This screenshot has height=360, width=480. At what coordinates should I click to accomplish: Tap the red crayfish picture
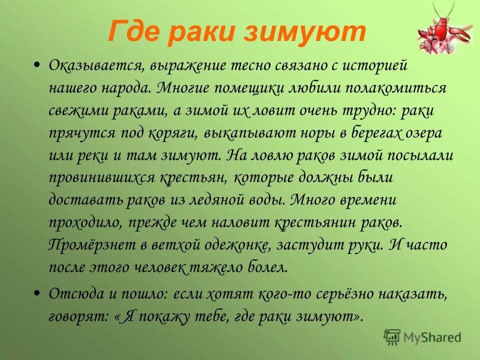(x=444, y=33)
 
